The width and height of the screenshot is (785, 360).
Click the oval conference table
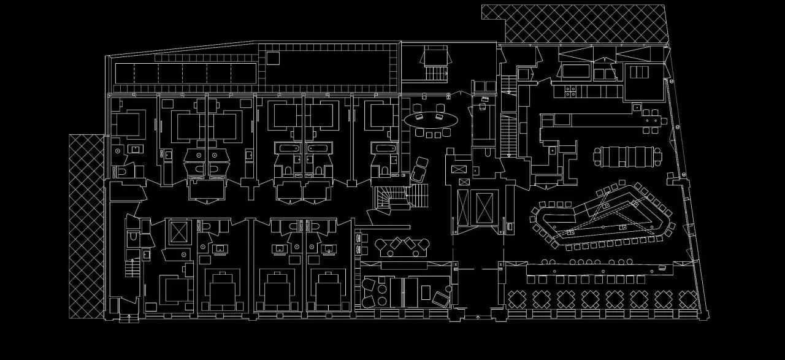point(430,120)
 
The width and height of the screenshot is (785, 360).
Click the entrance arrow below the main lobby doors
point(478,316)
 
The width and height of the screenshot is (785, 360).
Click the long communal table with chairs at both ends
point(627,156)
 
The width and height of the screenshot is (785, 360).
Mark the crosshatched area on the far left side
point(86,226)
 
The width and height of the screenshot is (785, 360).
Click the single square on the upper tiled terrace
point(272,58)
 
